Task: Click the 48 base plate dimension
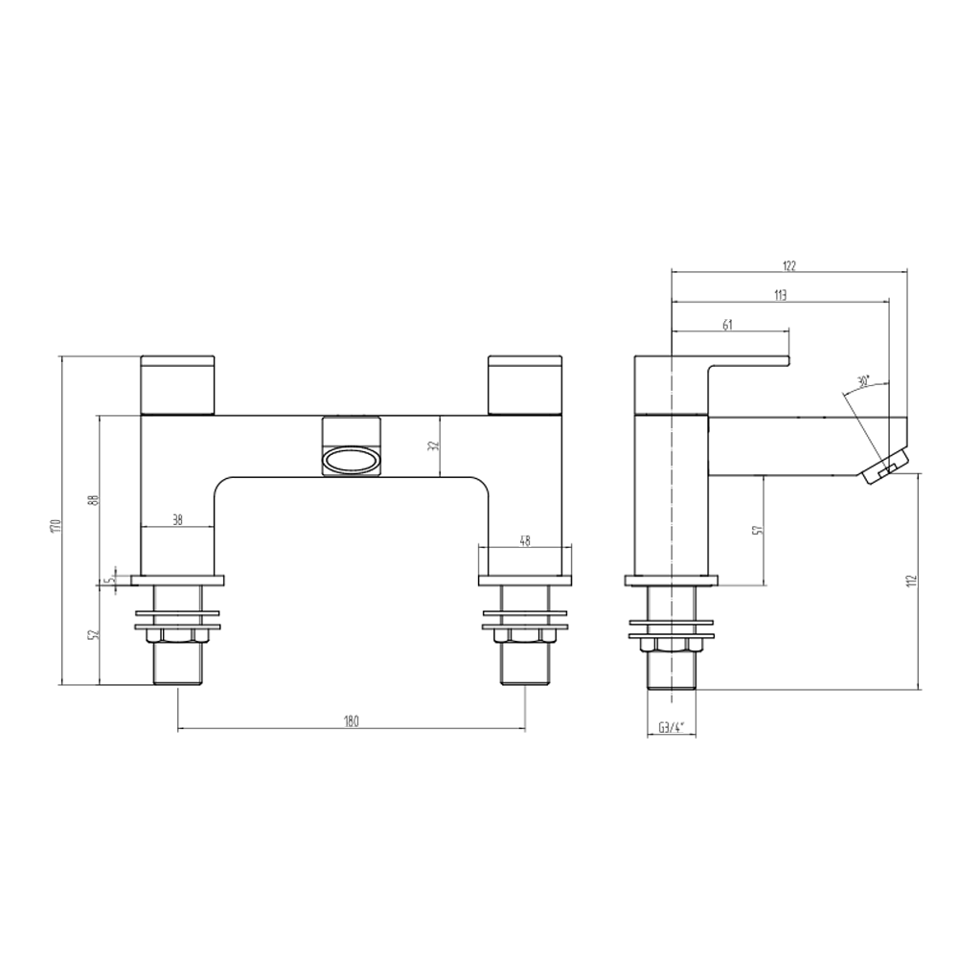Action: click(525, 539)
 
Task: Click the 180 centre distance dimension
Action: click(351, 722)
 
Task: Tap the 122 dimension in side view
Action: click(789, 265)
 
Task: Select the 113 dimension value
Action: click(780, 296)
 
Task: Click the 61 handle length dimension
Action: click(727, 326)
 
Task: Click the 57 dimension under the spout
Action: click(756, 530)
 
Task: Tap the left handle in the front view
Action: click(178, 385)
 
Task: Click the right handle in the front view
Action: click(526, 385)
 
